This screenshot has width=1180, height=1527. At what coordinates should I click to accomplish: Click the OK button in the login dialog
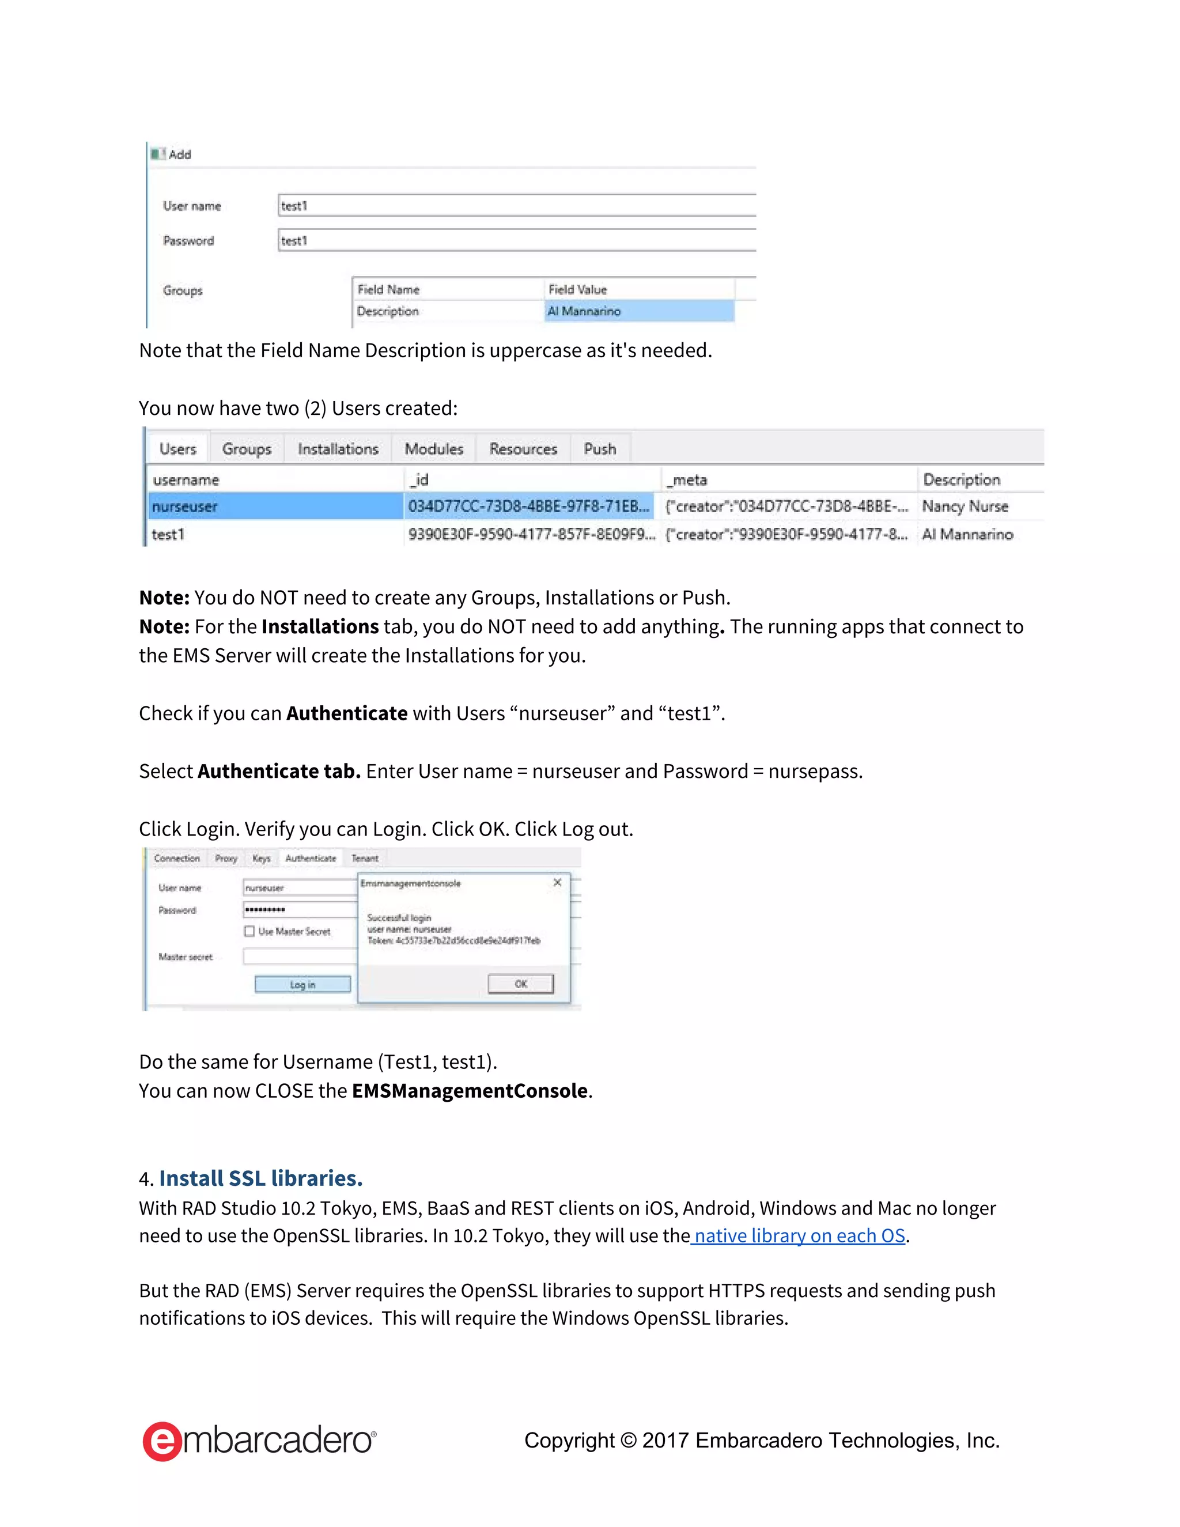520,984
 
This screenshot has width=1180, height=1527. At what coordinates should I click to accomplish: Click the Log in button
302,984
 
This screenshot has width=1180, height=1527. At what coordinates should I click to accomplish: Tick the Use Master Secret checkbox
249,931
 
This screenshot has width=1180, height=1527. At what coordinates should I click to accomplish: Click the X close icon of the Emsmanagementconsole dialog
557,882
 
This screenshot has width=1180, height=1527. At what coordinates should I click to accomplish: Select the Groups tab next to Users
246,449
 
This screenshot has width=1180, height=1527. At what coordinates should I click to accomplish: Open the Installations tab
338,449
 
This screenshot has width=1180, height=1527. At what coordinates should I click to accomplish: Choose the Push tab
600,449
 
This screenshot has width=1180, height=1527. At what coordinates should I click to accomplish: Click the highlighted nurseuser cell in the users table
275,506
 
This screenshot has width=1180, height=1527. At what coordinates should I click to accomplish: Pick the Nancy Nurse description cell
965,506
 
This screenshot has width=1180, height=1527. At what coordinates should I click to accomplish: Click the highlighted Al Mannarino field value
639,311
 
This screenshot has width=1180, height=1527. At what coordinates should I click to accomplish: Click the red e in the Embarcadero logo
162,1441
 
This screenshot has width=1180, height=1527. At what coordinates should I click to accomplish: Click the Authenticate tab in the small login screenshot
311,858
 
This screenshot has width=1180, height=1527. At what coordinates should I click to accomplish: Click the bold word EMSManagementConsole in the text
469,1091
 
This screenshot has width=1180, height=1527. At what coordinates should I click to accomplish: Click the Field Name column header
389,289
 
